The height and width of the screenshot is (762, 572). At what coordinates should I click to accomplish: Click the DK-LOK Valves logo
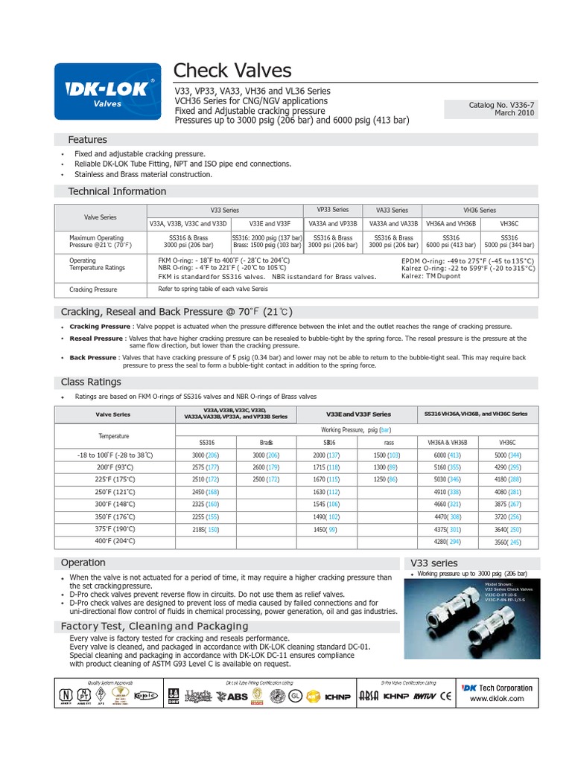click(x=107, y=92)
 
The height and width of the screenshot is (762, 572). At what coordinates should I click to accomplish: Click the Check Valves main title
click(x=232, y=71)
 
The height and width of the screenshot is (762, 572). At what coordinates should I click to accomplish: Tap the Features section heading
click(x=87, y=140)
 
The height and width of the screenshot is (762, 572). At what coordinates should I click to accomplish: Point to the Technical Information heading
click(x=117, y=191)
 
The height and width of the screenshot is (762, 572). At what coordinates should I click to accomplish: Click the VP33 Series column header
click(x=332, y=210)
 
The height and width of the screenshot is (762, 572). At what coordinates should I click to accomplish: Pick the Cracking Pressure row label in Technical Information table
click(x=93, y=289)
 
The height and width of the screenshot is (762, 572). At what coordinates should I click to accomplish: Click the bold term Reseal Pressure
click(x=96, y=339)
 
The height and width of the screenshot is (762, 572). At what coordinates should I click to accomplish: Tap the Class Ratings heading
click(x=91, y=382)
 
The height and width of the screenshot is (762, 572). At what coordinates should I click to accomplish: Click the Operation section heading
click(x=83, y=563)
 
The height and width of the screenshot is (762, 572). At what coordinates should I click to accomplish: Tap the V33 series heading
click(x=434, y=563)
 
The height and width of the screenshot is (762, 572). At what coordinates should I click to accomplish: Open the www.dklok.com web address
click(x=496, y=699)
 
